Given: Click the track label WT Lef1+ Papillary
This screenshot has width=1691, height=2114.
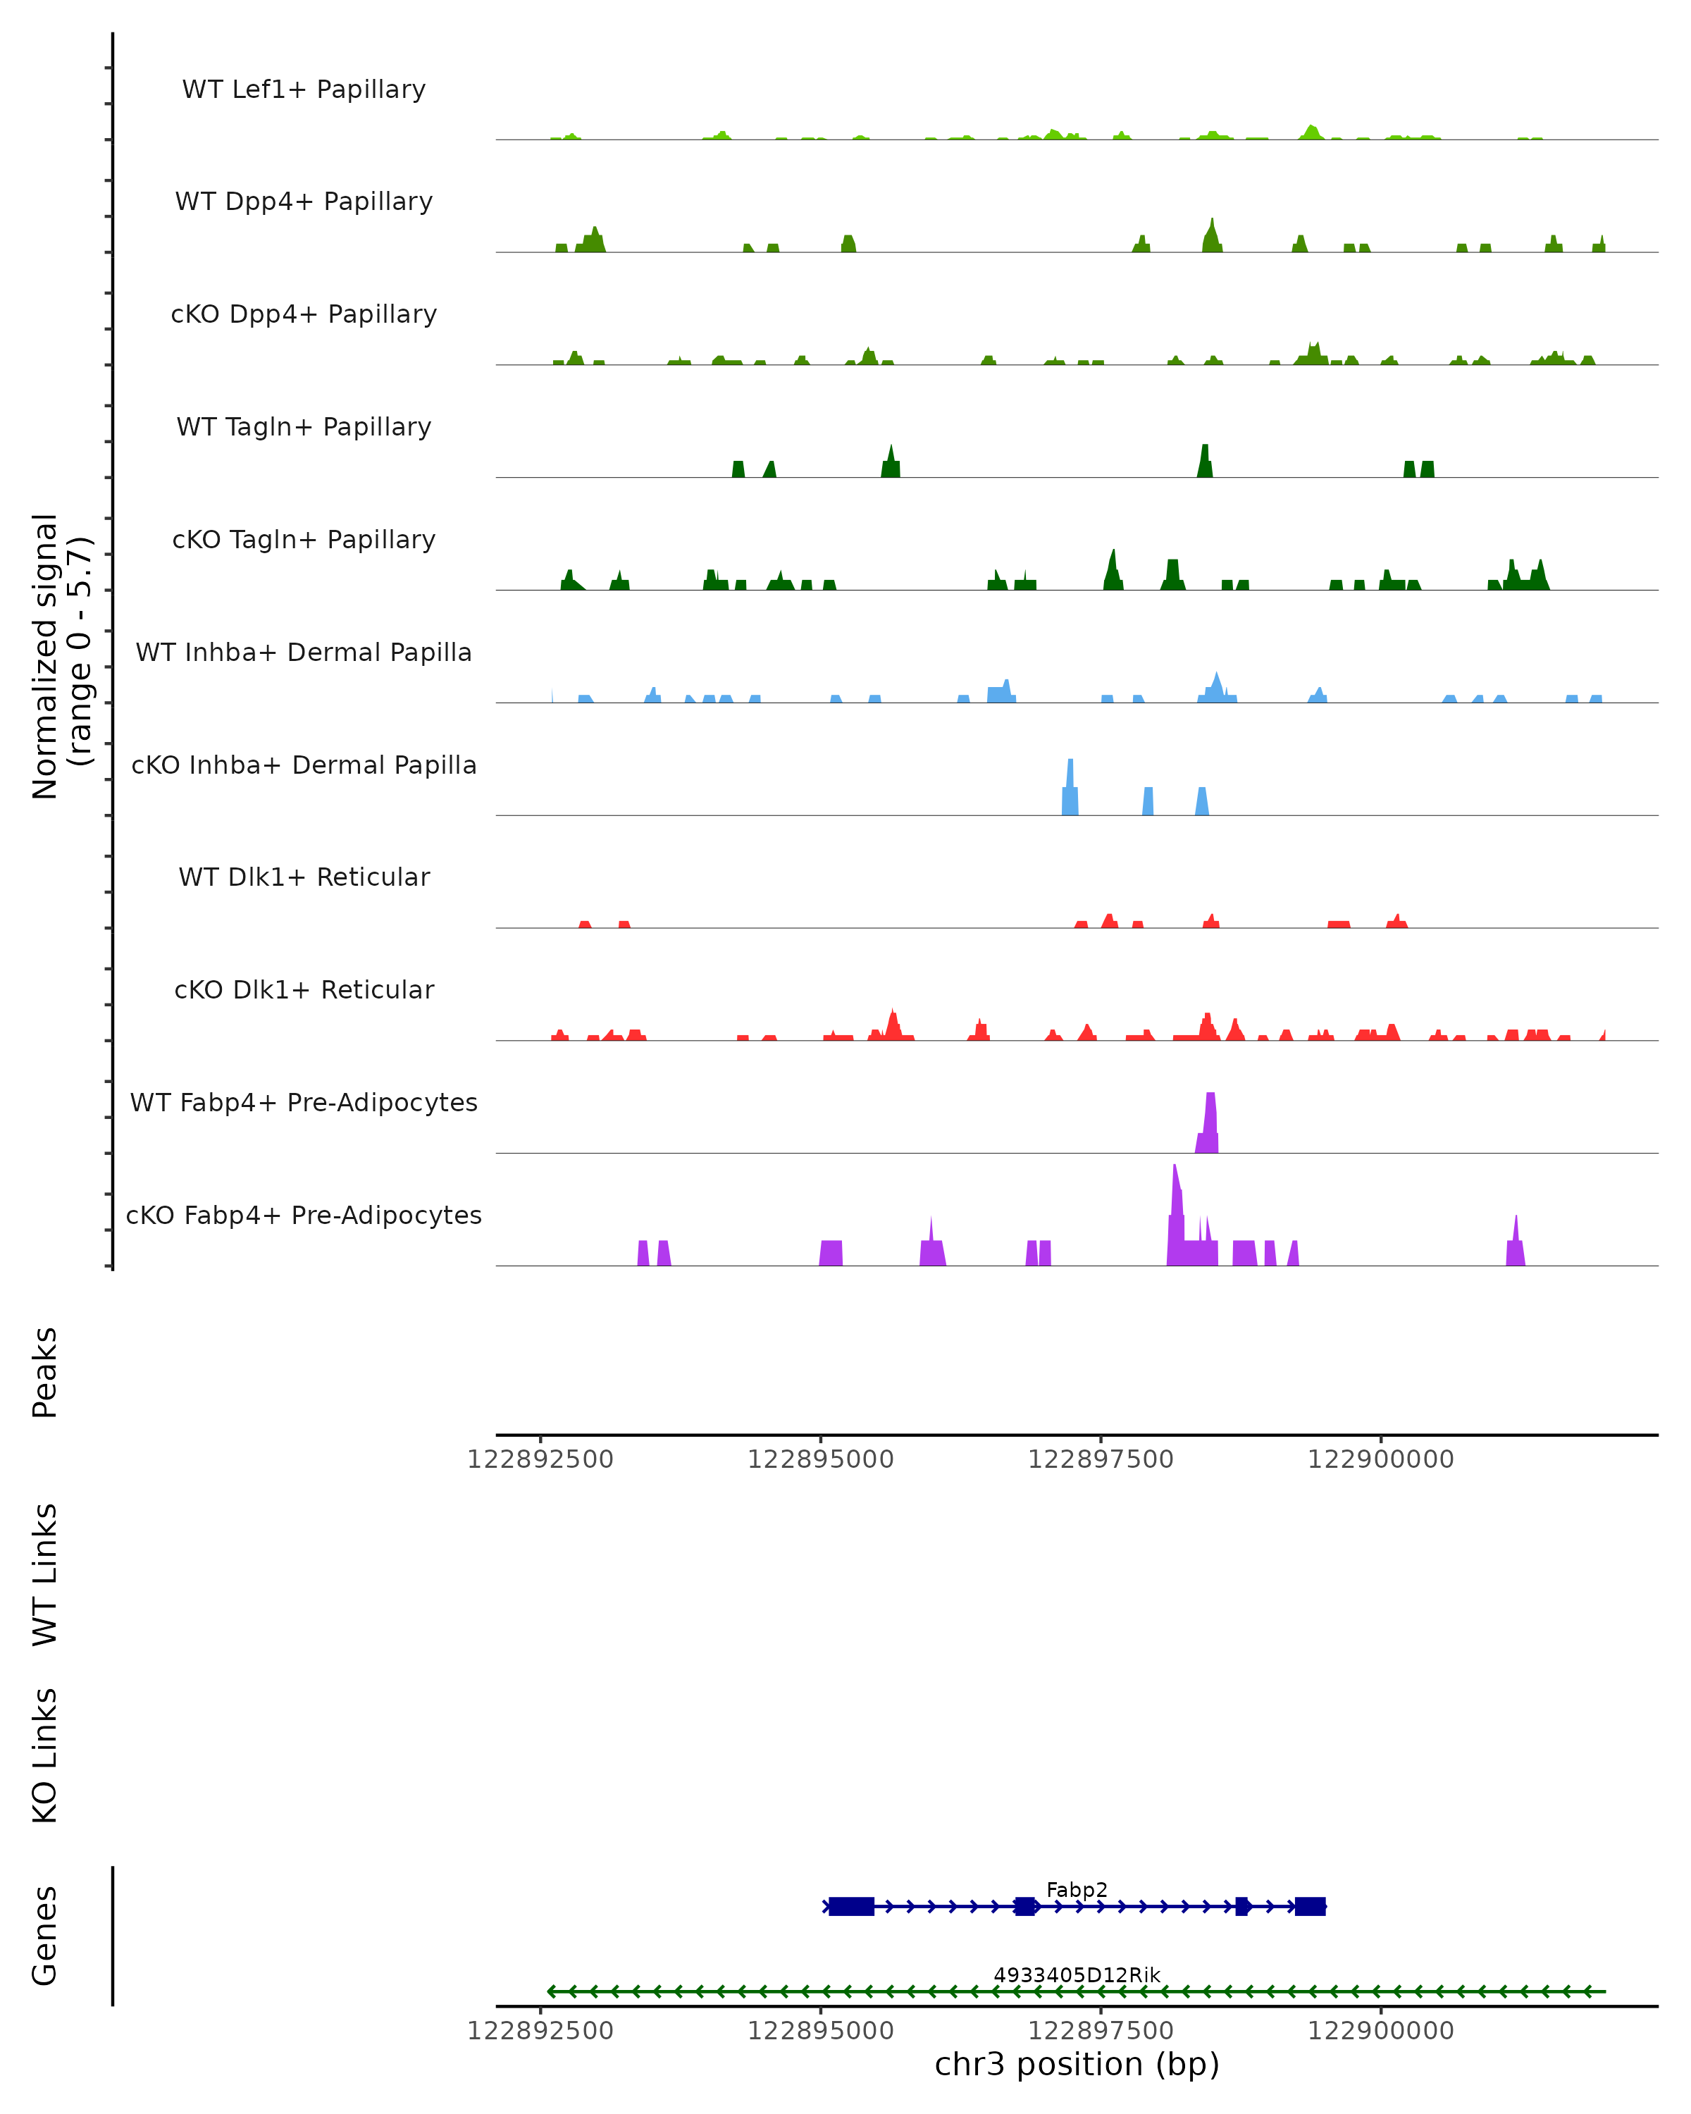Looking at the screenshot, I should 304,89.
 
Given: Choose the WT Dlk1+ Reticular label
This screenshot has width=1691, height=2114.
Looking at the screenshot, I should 304,877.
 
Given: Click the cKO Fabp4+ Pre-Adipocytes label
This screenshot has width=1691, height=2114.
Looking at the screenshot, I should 304,1215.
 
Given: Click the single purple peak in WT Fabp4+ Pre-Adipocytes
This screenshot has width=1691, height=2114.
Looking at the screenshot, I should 1210,1123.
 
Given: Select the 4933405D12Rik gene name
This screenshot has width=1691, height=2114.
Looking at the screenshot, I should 1077,1974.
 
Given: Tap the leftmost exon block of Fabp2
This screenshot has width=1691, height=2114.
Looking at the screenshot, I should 851,1906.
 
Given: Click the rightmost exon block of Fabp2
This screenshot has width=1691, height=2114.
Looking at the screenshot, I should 1310,1906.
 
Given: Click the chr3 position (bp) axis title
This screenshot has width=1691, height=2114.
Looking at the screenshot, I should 1077,2064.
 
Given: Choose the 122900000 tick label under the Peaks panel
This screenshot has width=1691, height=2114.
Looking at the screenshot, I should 1380,1459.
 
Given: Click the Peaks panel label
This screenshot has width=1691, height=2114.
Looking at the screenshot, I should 45,1372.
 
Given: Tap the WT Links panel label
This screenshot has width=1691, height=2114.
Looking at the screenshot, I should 45,1575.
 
